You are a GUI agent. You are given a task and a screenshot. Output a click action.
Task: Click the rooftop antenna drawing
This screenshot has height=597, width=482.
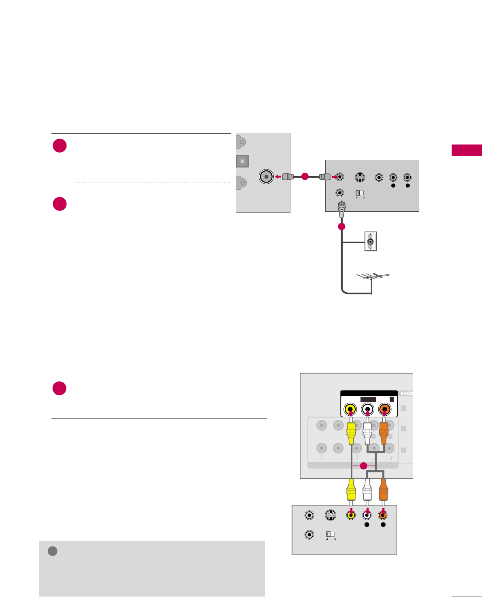coord(373,277)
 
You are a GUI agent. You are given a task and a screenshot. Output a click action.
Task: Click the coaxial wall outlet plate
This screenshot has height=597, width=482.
coord(370,242)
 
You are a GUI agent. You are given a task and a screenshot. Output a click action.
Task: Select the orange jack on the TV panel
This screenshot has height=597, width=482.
coord(384,409)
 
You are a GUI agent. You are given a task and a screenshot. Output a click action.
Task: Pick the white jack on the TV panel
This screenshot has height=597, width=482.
coord(367,409)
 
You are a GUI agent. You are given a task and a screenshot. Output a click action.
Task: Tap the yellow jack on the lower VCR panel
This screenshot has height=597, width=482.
coord(351,515)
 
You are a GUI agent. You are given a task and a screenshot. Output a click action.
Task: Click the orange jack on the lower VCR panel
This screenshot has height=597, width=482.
coord(382,515)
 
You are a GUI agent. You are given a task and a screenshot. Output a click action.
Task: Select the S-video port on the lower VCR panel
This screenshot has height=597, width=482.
coord(331,515)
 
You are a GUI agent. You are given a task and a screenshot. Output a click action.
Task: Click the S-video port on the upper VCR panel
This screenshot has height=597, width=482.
coord(359,177)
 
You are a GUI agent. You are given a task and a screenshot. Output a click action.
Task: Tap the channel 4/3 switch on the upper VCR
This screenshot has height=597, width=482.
coord(360,193)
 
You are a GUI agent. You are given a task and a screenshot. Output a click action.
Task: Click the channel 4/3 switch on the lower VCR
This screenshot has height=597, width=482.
coord(330,534)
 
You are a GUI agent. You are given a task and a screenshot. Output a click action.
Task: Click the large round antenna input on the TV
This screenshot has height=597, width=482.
coord(266,176)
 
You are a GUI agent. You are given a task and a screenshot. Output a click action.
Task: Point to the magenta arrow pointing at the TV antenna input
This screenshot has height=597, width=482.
coord(278,176)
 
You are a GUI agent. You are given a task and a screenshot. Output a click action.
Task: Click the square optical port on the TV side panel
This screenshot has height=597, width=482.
coord(242,161)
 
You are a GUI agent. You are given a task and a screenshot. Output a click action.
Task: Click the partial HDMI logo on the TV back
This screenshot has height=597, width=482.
coord(406,393)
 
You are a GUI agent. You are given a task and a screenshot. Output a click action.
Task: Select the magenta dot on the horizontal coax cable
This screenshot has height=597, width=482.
coord(305,176)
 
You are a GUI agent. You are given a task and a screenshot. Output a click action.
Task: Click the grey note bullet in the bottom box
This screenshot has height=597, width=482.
coord(52,551)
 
